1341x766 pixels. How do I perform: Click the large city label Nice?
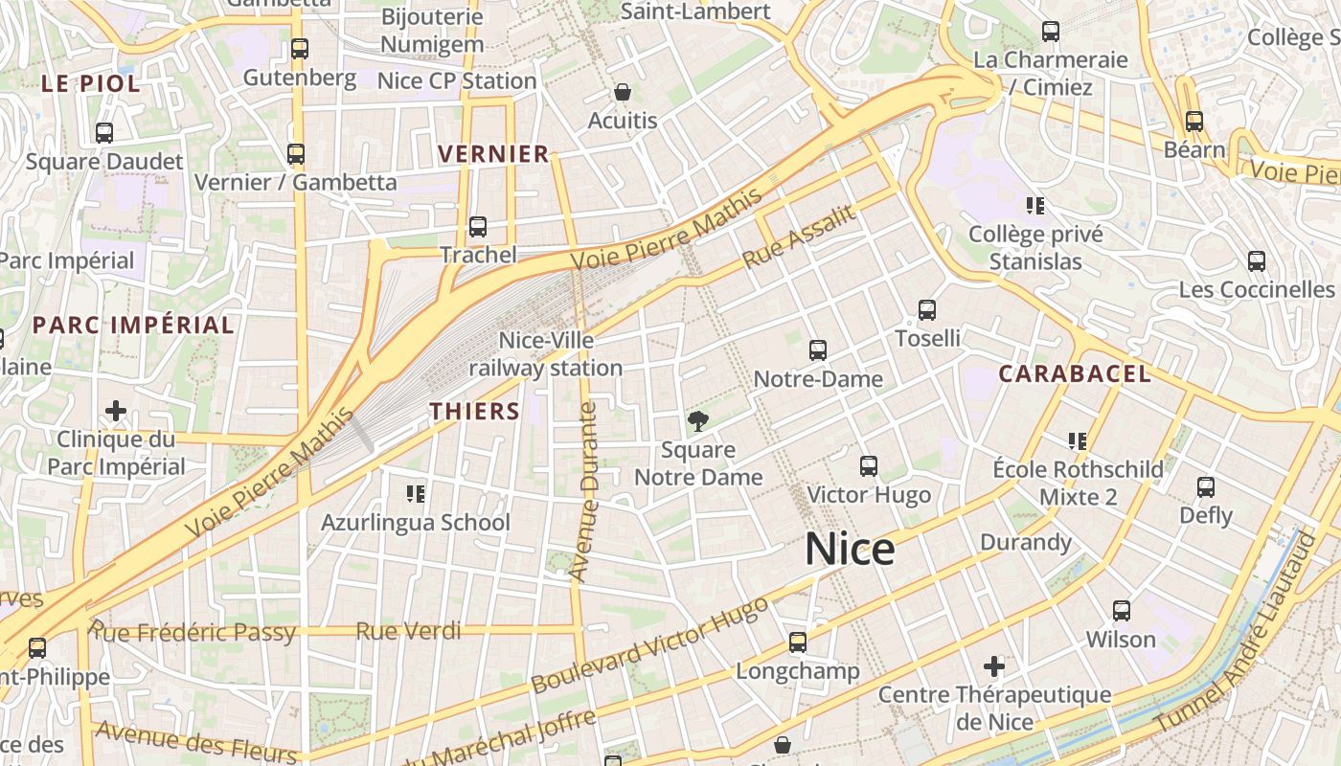click(850, 550)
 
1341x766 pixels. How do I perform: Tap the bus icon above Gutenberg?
click(300, 48)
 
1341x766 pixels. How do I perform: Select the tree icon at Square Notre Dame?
click(698, 420)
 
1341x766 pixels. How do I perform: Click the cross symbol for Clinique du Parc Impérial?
click(116, 411)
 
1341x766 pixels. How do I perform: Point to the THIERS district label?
click(474, 412)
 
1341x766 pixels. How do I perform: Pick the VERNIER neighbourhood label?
click(493, 153)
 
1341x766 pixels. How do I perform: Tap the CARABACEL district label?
click(1075, 374)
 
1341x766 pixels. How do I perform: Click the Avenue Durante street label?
click(583, 492)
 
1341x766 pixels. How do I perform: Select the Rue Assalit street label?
click(798, 237)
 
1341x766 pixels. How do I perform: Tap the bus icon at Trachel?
click(477, 227)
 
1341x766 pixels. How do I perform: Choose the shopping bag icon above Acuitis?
click(623, 92)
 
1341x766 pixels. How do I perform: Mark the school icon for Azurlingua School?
click(416, 494)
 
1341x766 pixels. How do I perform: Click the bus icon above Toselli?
click(926, 309)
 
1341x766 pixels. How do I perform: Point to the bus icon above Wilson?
click(1121, 610)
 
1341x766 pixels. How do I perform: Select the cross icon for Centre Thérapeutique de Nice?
click(994, 665)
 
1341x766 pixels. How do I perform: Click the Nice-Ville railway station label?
click(546, 353)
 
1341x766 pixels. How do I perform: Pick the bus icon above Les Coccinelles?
click(1256, 260)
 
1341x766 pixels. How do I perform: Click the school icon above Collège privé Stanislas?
click(1034, 205)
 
